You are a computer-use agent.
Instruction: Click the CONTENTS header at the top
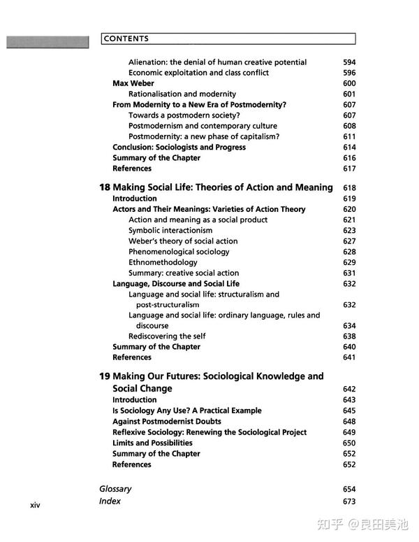point(126,39)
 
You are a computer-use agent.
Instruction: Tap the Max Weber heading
point(133,83)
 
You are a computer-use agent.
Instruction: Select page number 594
point(349,62)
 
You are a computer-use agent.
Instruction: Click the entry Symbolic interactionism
point(170,230)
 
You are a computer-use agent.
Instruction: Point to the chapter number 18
point(104,187)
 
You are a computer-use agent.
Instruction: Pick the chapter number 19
point(104,376)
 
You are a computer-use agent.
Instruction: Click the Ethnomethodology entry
point(163,262)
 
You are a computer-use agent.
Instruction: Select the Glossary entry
point(115,489)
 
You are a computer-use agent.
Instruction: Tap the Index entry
point(110,501)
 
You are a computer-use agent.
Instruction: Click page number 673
point(349,501)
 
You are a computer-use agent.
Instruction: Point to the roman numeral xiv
point(35,505)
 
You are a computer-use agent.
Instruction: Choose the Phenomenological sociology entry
point(179,252)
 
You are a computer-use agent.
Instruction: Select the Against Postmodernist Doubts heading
point(167,422)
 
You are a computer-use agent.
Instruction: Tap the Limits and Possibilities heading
point(152,443)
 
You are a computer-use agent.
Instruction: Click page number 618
point(349,187)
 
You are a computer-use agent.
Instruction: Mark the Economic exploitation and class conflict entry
point(198,73)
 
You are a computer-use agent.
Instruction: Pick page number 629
point(349,262)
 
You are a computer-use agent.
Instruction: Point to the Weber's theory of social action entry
point(183,241)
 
